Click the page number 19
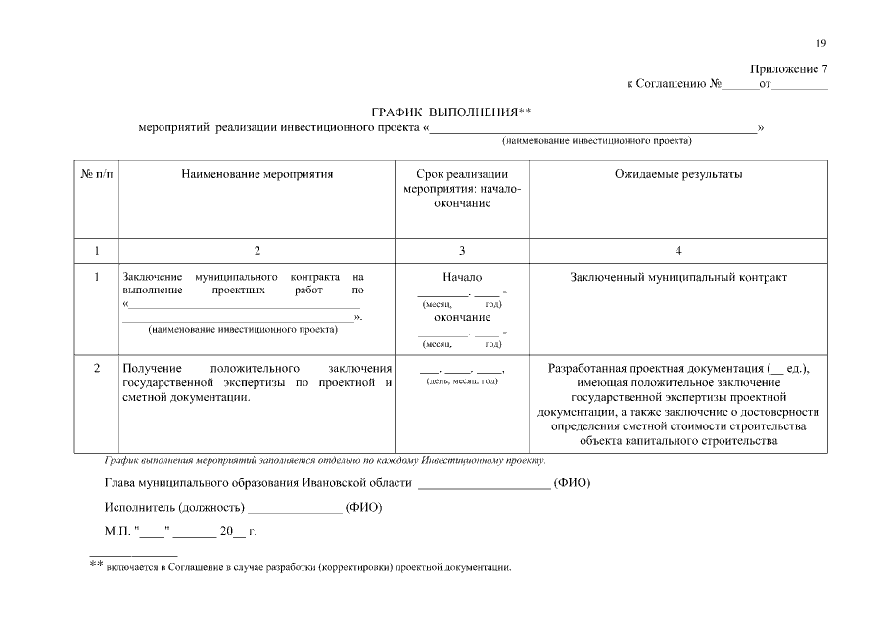[x=821, y=43]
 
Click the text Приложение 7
[x=789, y=69]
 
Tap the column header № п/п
[x=96, y=174]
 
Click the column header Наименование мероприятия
[x=256, y=174]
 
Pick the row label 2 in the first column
[x=96, y=368]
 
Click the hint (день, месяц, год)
[x=462, y=381]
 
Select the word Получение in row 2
[x=150, y=368]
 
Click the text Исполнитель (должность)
[x=173, y=508]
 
